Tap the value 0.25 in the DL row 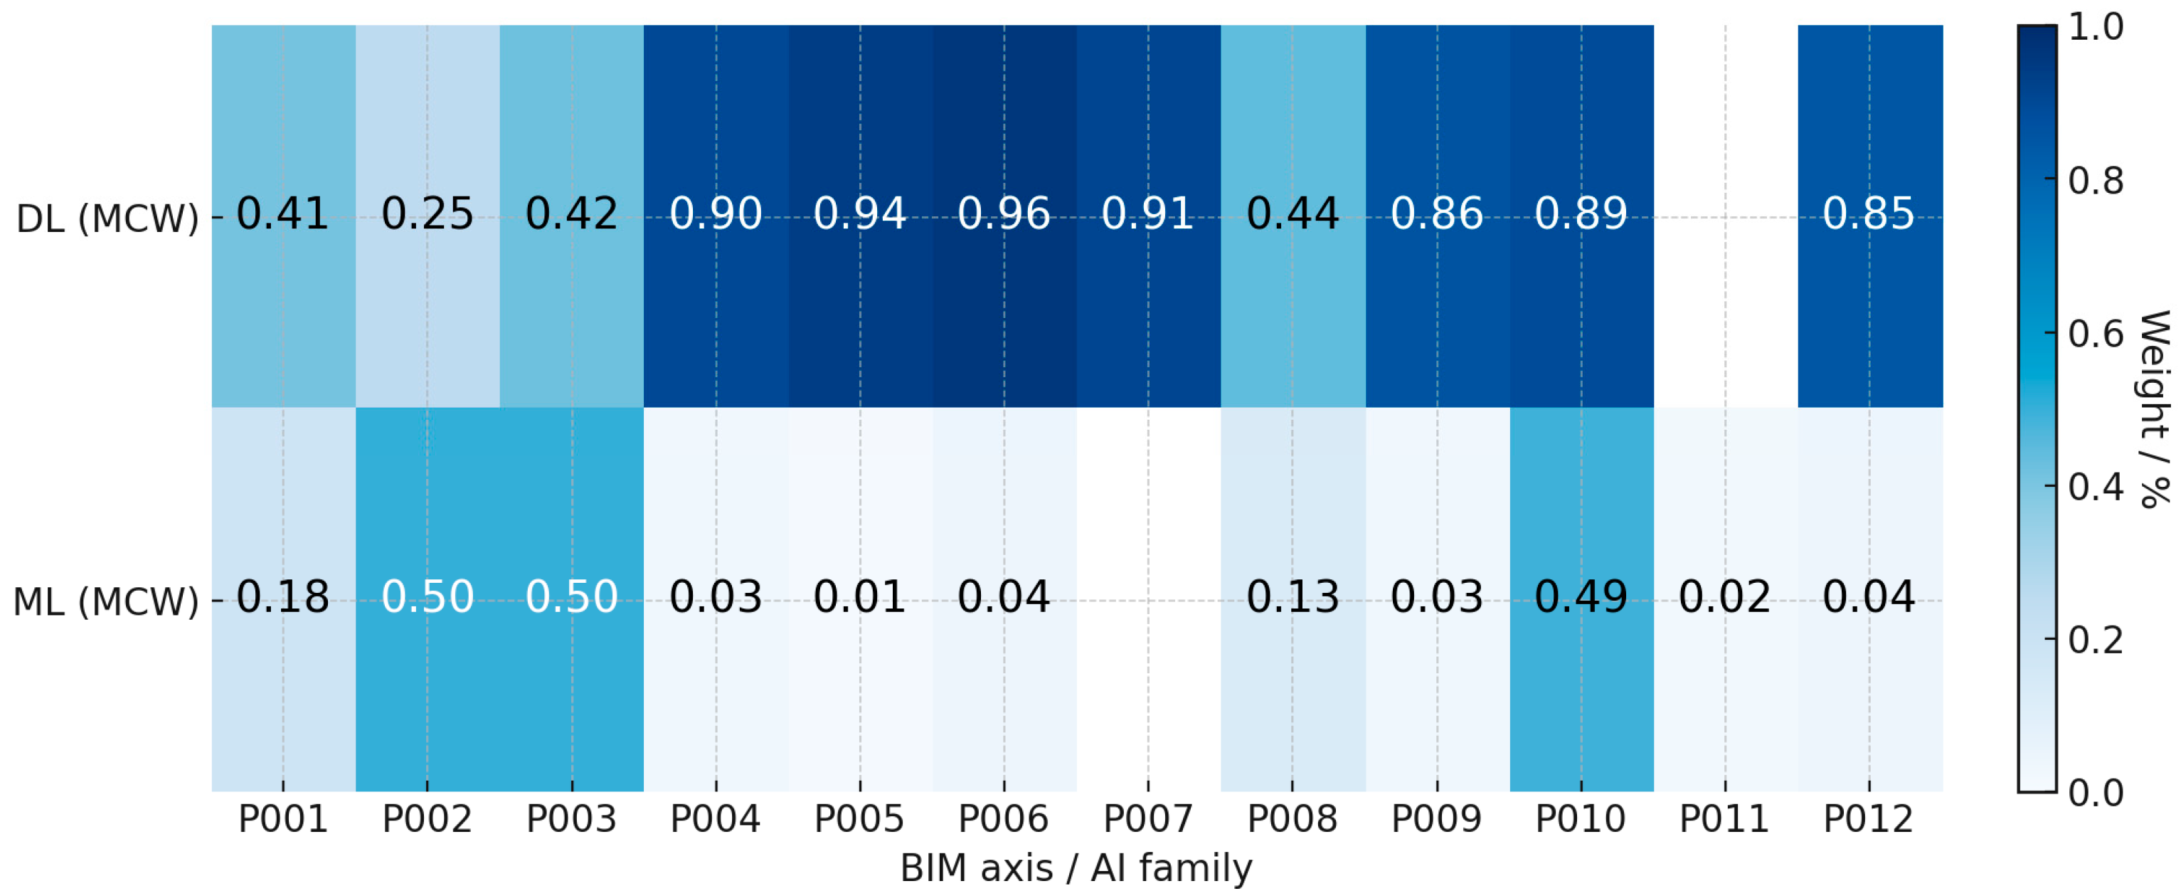428,214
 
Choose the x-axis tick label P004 716,819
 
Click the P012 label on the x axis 1869,819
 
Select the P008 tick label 1293,819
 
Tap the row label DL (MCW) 107,218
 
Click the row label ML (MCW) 106,602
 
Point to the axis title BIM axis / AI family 1076,869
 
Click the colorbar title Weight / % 2154,409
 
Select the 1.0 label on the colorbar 2096,27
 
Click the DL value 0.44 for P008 1293,214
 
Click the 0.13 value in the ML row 1293,597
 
